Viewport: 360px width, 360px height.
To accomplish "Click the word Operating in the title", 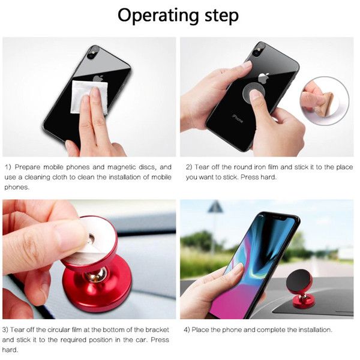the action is point(158,16).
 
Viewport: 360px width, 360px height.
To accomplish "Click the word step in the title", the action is point(221,16).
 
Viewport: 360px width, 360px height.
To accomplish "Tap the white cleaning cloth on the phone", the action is point(89,97).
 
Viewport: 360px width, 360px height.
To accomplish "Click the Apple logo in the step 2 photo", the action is point(263,78).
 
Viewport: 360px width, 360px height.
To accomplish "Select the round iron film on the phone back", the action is point(254,92).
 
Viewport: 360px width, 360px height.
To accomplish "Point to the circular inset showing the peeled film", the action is point(325,101).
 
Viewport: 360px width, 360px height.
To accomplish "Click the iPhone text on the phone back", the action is point(237,118).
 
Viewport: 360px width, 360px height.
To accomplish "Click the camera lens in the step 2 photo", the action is point(256,54).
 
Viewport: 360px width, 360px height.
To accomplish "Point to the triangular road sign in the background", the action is point(215,206).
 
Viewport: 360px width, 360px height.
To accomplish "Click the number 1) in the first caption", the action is point(8,167).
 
